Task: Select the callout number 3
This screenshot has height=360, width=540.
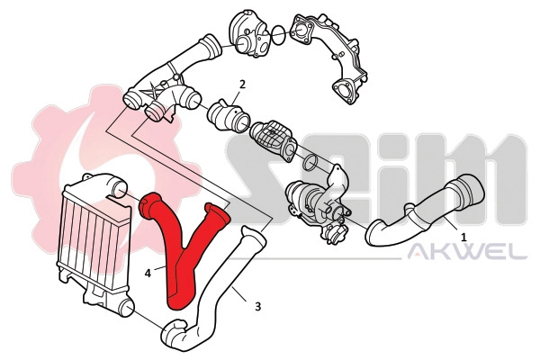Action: [258, 306]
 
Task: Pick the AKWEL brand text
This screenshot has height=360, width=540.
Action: [467, 253]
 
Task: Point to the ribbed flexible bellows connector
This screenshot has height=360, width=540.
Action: [269, 139]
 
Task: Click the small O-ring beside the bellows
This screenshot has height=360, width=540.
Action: [307, 163]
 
